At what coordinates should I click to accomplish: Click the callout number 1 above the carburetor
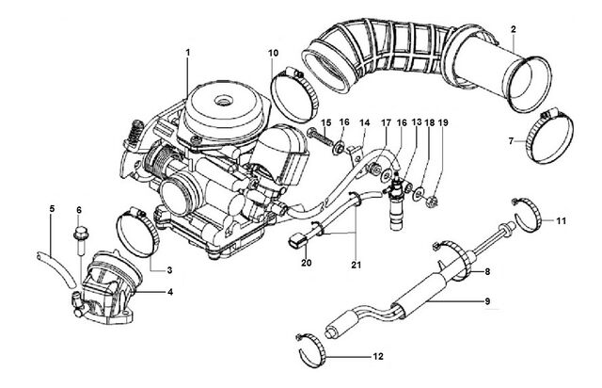point(188,53)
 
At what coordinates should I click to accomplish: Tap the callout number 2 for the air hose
point(514,29)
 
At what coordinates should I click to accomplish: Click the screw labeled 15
point(321,138)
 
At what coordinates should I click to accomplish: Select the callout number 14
point(364,122)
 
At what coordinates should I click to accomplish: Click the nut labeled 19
point(432,201)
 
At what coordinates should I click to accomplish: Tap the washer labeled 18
point(419,193)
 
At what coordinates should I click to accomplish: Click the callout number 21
point(356,265)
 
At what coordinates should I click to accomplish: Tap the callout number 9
point(487,300)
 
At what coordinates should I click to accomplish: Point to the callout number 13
point(417,122)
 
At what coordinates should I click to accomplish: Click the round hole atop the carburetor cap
point(223,101)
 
